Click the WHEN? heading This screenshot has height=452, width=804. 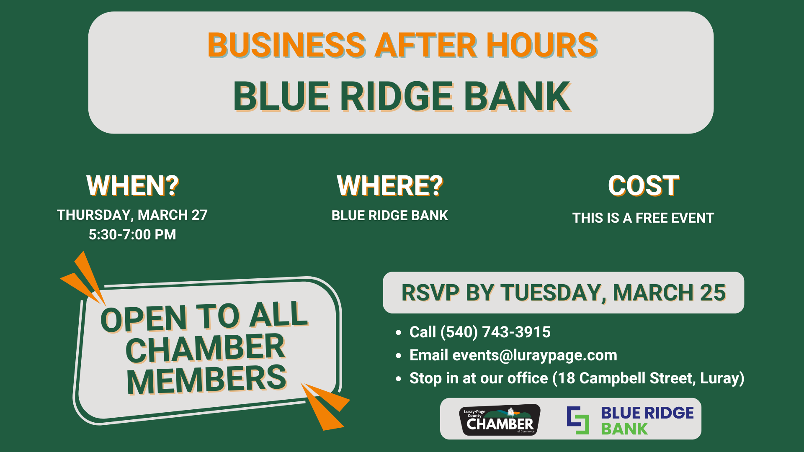pyautogui.click(x=132, y=186)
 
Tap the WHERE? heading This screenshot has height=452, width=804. pyautogui.click(x=390, y=186)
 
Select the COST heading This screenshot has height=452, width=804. pyautogui.click(x=643, y=186)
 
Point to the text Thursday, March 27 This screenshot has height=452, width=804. pyautogui.click(x=132, y=215)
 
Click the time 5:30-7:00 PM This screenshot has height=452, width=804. pyautogui.click(x=132, y=235)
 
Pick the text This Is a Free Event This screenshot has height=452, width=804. pyautogui.click(x=643, y=218)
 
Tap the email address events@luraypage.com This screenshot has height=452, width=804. pyautogui.click(x=535, y=355)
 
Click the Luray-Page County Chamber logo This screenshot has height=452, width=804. pyautogui.click(x=500, y=420)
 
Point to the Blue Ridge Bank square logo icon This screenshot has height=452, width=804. pyautogui.click(x=578, y=420)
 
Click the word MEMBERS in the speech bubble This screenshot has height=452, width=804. pyautogui.click(x=206, y=380)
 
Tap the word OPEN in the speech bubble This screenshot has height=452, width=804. pyautogui.click(x=143, y=319)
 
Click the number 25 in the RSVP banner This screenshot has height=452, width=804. pyautogui.click(x=713, y=293)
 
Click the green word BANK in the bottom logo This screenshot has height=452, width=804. pyautogui.click(x=624, y=429)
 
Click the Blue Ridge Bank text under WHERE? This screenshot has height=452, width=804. pyautogui.click(x=390, y=216)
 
